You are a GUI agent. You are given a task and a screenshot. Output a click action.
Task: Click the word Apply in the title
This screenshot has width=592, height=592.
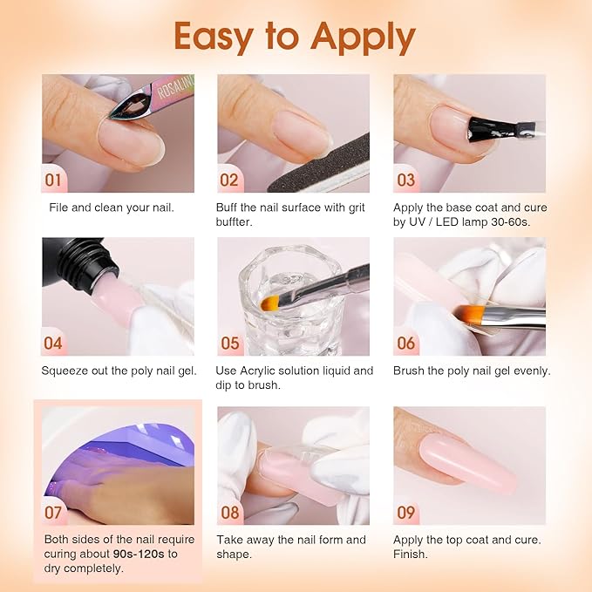point(354,37)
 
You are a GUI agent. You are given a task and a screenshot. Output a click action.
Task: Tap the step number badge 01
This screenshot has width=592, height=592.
point(54,180)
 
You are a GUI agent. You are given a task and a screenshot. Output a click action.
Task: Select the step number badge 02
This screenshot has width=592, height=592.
point(229,180)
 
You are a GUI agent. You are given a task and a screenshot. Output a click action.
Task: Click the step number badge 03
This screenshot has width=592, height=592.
point(406,180)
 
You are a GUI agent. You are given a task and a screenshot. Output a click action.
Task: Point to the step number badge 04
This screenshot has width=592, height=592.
point(54,343)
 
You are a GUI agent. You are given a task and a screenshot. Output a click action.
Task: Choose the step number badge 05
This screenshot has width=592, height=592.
point(229,343)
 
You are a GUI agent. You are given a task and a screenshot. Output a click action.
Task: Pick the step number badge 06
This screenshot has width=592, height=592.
point(406,343)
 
